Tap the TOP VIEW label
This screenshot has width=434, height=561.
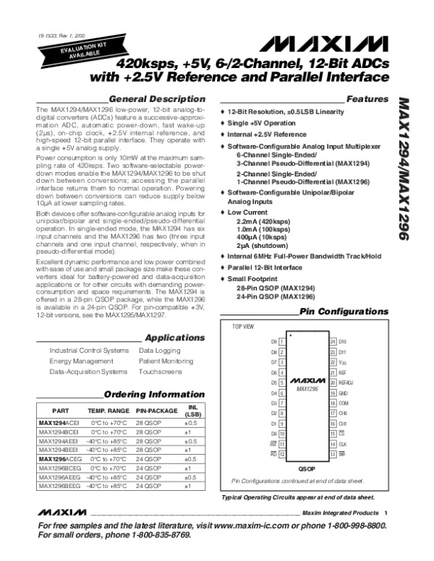pyautogui.click(x=243, y=327)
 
